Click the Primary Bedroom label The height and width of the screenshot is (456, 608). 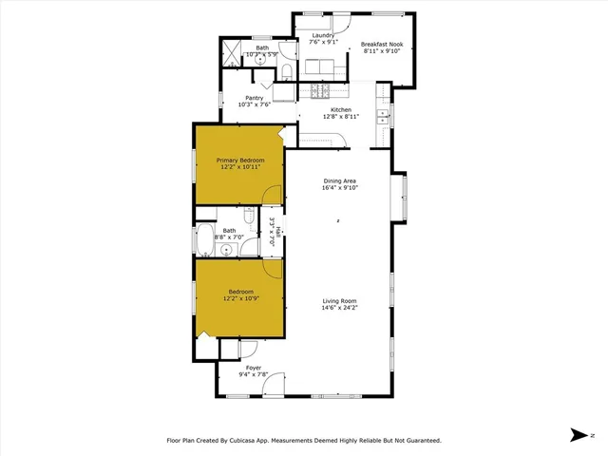(x=239, y=161)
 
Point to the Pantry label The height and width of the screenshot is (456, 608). (x=254, y=97)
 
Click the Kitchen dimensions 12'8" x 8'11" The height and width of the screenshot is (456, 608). (x=340, y=116)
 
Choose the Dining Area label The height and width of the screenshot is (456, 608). (x=339, y=180)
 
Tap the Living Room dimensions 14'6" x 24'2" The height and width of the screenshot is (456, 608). (x=339, y=308)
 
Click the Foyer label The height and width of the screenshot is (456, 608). (x=254, y=367)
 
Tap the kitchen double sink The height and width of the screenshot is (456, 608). (x=384, y=117)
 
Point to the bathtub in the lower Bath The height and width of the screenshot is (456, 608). (x=205, y=243)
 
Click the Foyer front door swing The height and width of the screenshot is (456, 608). (x=273, y=384)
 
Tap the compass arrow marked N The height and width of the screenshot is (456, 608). (x=578, y=435)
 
